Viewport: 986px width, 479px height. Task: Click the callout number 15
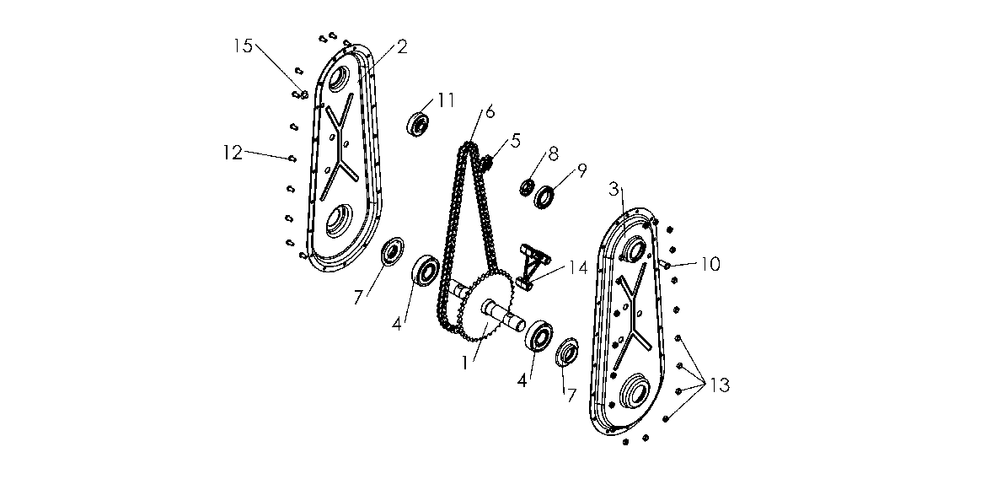coord(244,46)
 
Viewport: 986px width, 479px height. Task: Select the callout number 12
coord(233,153)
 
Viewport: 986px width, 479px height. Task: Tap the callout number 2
coord(402,46)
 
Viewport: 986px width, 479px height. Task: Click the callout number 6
coord(490,112)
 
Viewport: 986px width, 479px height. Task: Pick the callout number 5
coord(516,140)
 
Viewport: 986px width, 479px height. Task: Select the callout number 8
coord(553,153)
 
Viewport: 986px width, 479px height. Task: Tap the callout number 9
coord(581,170)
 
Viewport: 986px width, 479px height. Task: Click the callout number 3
coord(614,190)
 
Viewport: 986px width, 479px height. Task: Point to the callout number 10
coord(710,264)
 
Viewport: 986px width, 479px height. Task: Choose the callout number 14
coord(578,269)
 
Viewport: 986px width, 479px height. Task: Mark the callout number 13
coord(720,385)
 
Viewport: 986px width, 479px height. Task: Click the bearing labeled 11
coord(418,123)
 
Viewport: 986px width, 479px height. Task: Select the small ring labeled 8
coord(527,187)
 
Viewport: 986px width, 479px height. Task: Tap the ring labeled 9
coord(544,197)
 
